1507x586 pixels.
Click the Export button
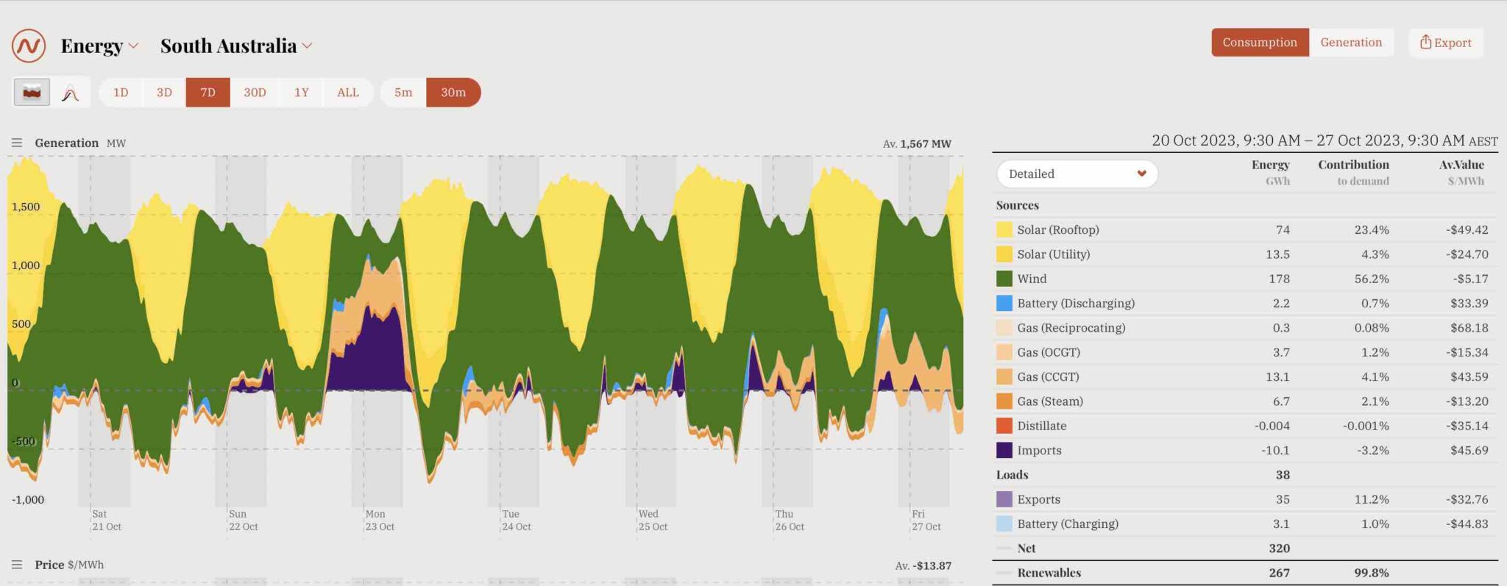[1445, 43]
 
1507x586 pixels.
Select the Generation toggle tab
[1351, 43]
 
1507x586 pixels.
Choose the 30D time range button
[255, 93]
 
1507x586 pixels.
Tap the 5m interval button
[403, 93]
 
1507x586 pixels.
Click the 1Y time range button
[302, 93]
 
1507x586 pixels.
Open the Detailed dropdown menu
[1077, 174]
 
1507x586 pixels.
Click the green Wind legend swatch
[1004, 279]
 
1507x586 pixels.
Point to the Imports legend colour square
[1004, 450]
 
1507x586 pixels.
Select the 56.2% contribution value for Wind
[1371, 279]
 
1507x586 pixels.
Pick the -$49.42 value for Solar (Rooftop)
[1467, 230]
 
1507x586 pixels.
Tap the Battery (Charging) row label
[1067, 524]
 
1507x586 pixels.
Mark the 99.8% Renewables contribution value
[1371, 573]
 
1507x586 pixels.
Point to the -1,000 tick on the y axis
[28, 500]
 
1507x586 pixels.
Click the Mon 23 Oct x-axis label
[380, 521]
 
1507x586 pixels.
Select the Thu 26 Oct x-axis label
[790, 521]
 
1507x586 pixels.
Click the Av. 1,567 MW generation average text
[917, 144]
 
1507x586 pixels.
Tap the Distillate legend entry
[1041, 426]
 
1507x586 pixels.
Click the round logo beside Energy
[29, 46]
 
